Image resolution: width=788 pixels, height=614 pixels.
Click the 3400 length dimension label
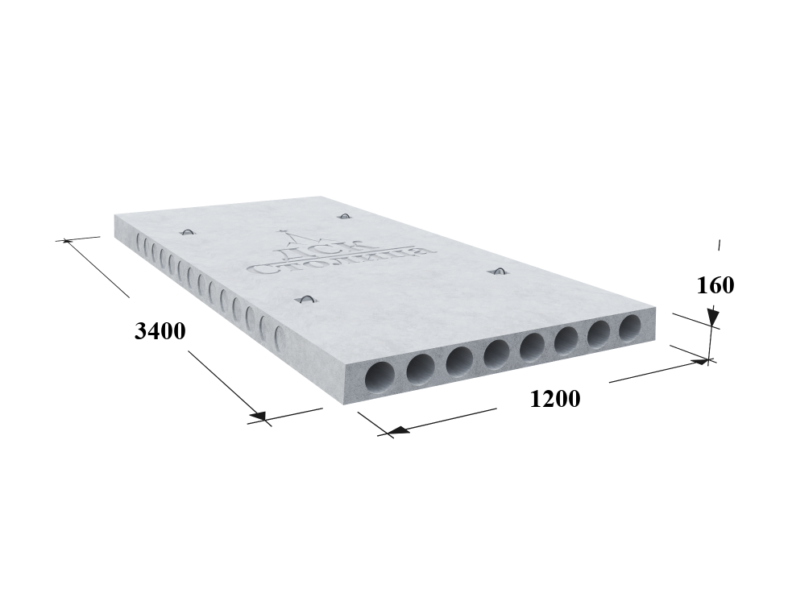[160, 330]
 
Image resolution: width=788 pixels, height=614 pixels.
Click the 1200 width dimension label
[555, 399]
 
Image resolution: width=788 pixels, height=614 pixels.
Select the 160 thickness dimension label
[715, 285]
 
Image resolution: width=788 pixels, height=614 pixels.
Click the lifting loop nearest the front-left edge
[305, 300]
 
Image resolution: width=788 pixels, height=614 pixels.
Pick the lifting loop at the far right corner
[344, 217]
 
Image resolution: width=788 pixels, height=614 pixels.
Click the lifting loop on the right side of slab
[500, 272]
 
